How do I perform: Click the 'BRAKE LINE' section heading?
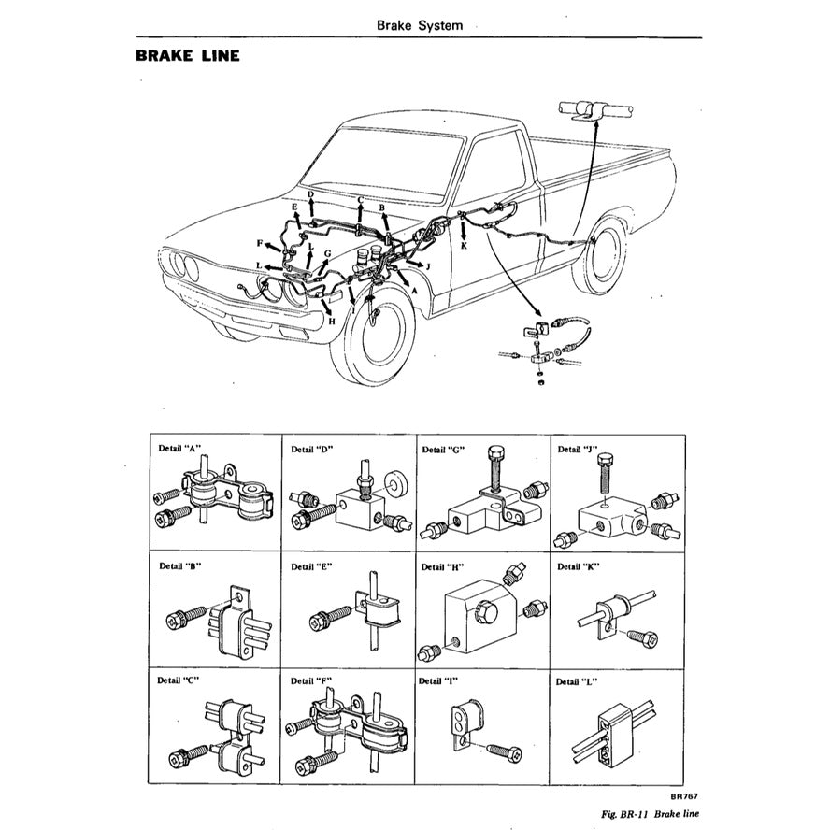pyautogui.click(x=188, y=55)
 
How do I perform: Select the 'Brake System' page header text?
pyautogui.click(x=419, y=25)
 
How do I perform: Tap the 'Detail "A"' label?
pyautogui.click(x=180, y=448)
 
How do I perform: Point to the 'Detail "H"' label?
pyautogui.click(x=443, y=566)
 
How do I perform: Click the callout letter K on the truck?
pyautogui.click(x=464, y=246)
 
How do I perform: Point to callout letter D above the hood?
pyautogui.click(x=310, y=194)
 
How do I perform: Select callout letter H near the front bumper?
pyautogui.click(x=331, y=321)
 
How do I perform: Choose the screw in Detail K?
pyautogui.click(x=643, y=637)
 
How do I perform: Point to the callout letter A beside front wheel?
pyautogui.click(x=414, y=290)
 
